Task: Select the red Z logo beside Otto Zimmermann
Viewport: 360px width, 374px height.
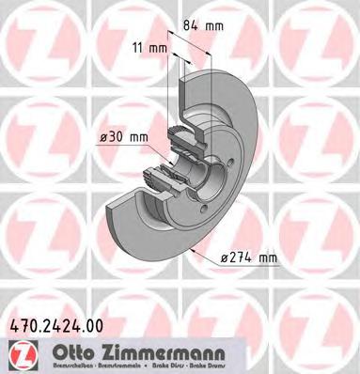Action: pos(21,353)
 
